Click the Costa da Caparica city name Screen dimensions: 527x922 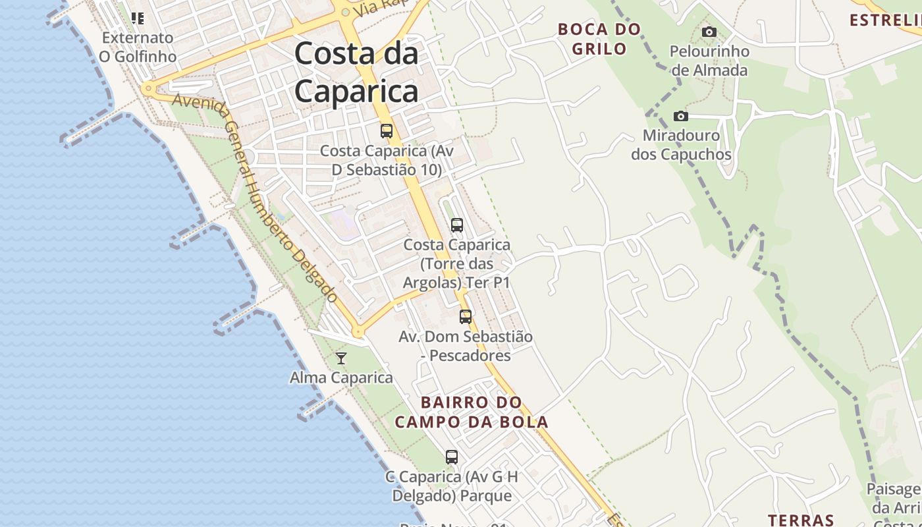pos(356,72)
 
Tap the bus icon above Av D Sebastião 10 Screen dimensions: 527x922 pos(386,130)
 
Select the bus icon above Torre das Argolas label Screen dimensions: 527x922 pos(457,225)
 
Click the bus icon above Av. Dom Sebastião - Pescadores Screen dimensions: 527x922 pos(466,317)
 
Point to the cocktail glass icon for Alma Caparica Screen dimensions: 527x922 pos(341,358)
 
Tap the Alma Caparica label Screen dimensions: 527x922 pos(341,378)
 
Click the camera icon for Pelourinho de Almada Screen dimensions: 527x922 pos(709,32)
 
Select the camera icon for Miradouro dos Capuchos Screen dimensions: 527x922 pos(681,117)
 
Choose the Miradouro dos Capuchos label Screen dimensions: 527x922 pos(681,145)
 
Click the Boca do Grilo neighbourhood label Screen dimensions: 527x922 pos(599,39)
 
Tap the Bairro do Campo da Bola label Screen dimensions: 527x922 pos(472,412)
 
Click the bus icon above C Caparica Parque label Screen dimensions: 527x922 pos(452,457)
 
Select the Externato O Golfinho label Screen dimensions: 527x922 pos(137,47)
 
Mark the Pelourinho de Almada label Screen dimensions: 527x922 pos(709,61)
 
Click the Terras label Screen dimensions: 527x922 pos(801,520)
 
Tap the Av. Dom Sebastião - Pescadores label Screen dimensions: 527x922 pos(466,346)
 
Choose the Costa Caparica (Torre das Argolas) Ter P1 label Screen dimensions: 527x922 pos(457,263)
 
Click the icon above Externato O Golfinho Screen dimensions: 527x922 pos(137,18)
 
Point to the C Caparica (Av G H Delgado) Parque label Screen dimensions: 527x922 pos(452,486)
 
